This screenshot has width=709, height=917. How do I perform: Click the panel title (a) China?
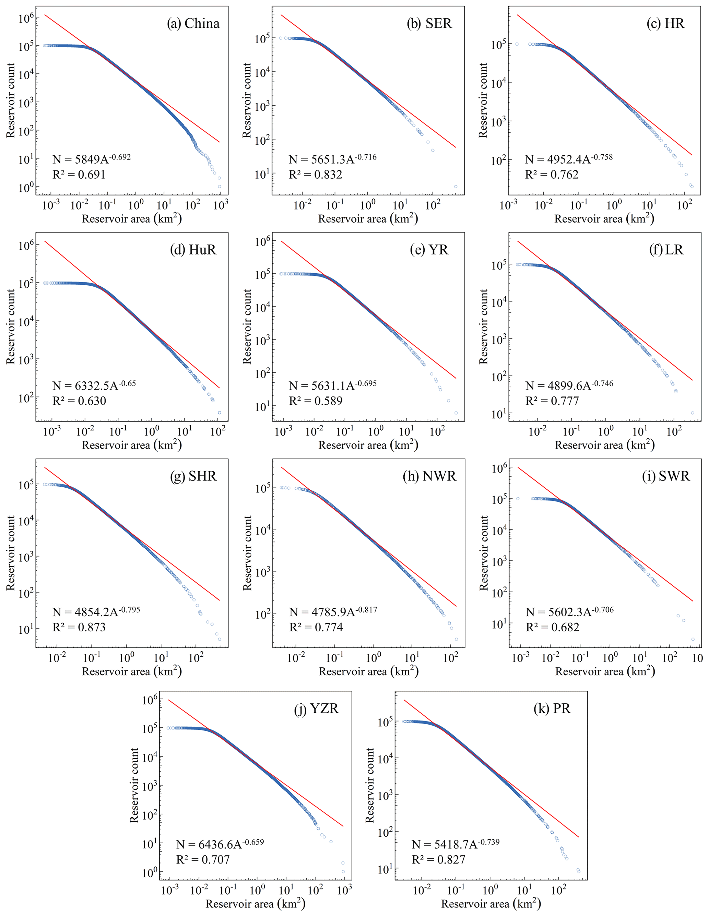coord(193,24)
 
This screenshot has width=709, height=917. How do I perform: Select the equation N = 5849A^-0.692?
coord(92,159)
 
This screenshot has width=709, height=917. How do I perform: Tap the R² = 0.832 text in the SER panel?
coord(316,175)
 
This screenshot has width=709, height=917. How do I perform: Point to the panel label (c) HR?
coord(666,24)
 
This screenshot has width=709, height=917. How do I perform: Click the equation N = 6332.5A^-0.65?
coord(94,385)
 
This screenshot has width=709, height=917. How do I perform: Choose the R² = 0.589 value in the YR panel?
coord(316,401)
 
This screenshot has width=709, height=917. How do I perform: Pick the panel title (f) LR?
coord(666,250)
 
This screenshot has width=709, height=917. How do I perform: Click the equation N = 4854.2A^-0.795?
coord(96,612)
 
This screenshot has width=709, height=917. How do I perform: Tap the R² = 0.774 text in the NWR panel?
coord(316,627)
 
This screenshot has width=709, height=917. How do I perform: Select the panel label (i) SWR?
coord(666,476)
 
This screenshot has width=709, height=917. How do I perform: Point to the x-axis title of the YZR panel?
coord(256,904)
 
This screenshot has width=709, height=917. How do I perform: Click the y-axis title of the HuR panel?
coord(11,327)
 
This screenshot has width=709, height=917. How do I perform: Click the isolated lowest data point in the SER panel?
coord(456,187)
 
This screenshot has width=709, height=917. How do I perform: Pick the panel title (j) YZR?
coord(316,709)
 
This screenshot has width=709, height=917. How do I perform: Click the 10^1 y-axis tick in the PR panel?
coord(385,869)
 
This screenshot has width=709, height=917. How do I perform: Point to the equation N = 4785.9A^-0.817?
coord(333,612)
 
